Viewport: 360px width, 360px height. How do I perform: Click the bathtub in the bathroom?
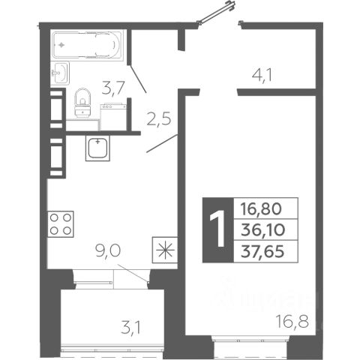[87, 45]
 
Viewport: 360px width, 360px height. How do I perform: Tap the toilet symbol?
[82, 103]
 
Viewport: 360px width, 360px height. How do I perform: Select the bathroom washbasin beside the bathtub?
[60, 73]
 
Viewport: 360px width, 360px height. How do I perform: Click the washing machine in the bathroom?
[112, 117]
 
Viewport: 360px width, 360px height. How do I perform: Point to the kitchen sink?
[97, 148]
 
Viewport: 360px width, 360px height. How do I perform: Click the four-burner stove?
[61, 224]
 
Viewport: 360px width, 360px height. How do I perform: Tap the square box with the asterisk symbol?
[165, 250]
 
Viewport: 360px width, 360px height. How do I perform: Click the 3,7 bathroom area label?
[113, 88]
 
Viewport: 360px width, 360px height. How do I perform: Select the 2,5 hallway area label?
[159, 118]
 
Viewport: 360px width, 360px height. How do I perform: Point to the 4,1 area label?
[262, 75]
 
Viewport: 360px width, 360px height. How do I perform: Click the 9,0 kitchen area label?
[108, 250]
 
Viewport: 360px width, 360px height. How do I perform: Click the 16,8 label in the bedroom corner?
[292, 322]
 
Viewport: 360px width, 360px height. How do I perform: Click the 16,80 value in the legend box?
[261, 209]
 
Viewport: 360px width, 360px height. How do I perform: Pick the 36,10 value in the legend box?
[262, 230]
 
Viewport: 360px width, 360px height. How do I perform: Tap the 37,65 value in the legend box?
[262, 251]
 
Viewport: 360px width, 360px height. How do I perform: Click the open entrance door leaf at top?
[217, 12]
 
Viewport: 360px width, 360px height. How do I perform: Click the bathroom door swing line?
[138, 79]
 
